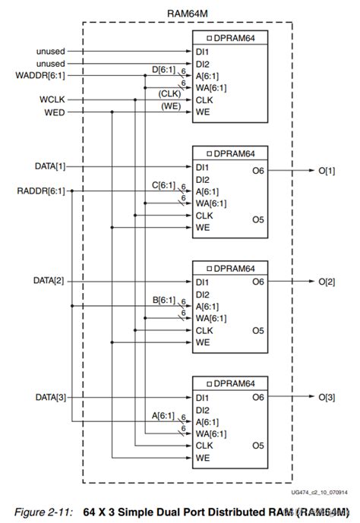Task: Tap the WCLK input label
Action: (x=52, y=99)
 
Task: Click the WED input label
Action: (x=55, y=112)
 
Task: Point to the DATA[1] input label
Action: (x=50, y=166)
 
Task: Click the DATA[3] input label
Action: (x=50, y=396)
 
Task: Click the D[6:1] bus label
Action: (x=162, y=71)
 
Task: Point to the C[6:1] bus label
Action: (x=162, y=185)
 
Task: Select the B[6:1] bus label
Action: (x=162, y=301)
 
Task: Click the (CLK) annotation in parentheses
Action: (x=169, y=93)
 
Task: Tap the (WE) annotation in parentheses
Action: (x=170, y=106)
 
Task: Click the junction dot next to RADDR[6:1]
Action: (x=72, y=191)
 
